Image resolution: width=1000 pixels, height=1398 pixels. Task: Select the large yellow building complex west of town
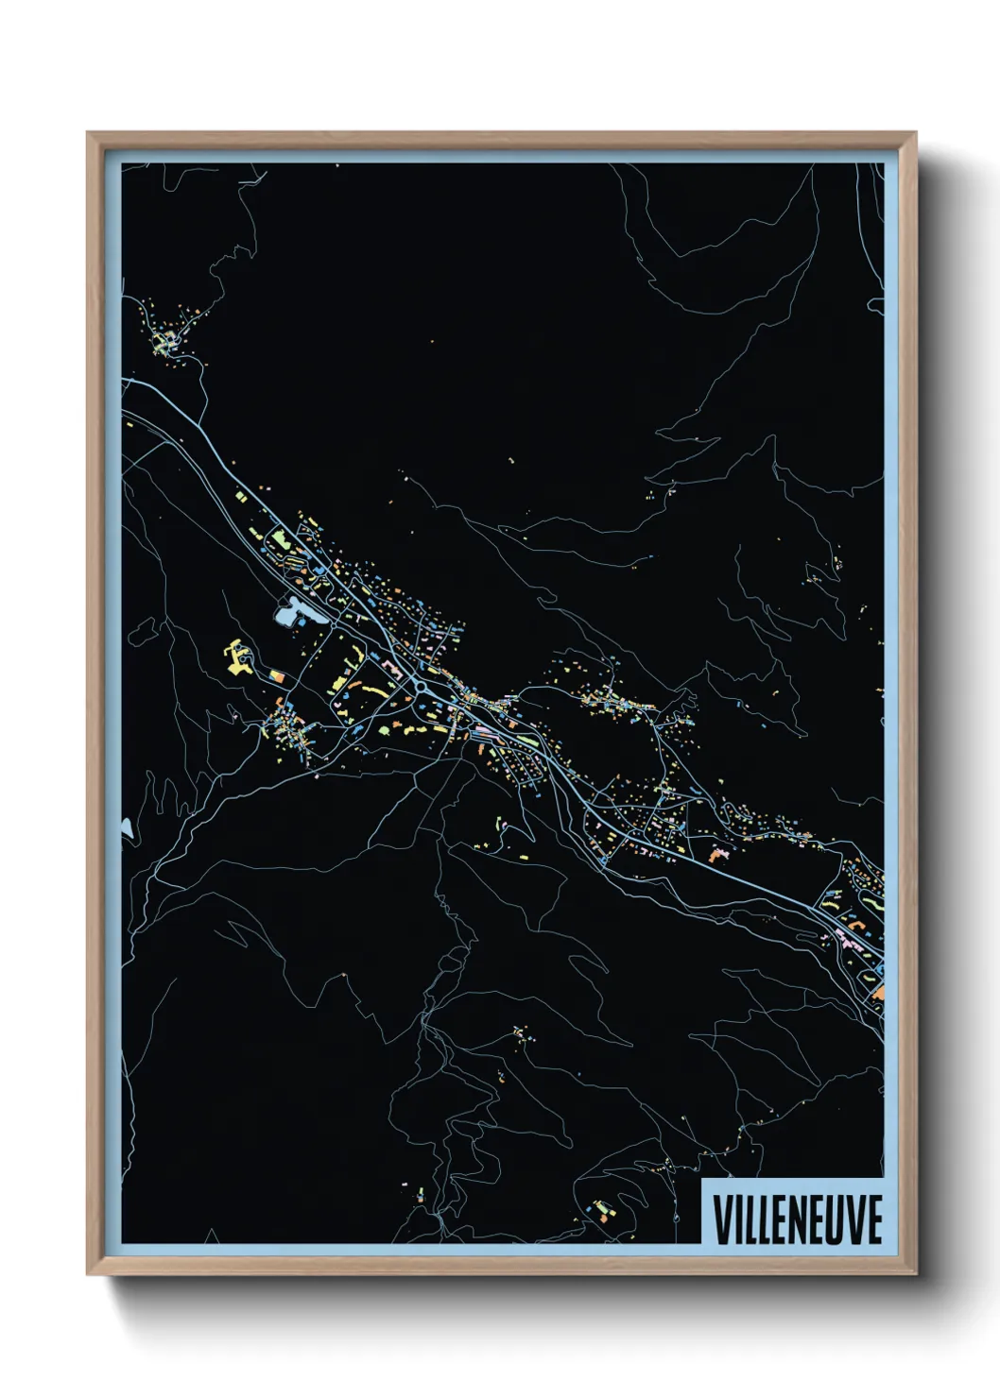point(236,656)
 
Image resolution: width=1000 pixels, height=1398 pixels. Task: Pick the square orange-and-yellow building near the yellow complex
point(277,676)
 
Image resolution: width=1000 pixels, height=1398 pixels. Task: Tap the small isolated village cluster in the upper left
point(166,338)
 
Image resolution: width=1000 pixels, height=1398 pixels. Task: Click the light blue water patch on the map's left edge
point(126,828)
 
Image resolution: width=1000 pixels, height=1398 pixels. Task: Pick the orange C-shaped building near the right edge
point(878,992)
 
